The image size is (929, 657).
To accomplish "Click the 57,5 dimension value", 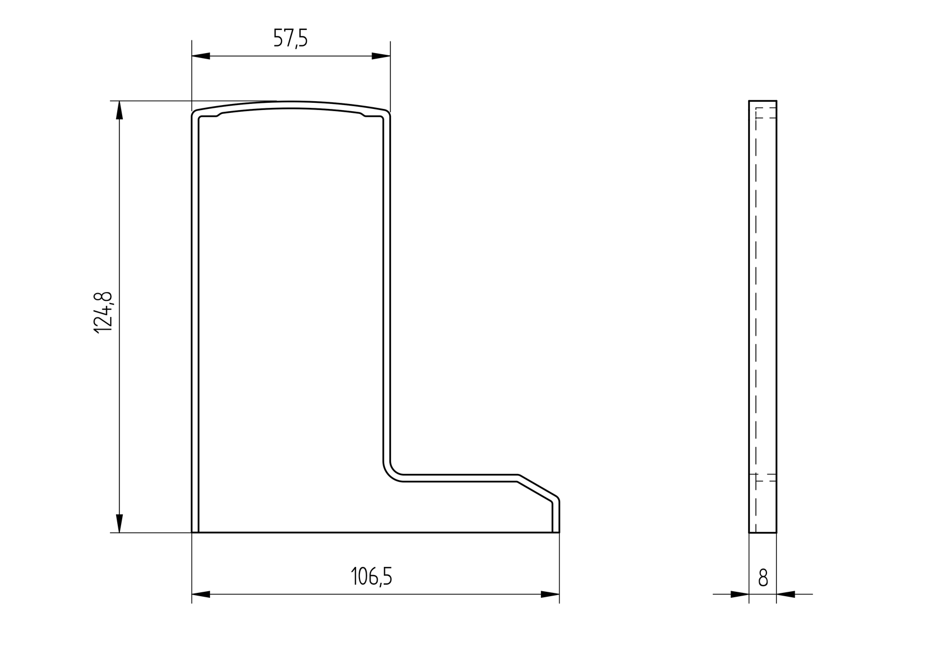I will (290, 39).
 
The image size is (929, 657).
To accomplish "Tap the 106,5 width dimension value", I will (372, 577).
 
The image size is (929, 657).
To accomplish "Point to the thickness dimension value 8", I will (763, 578).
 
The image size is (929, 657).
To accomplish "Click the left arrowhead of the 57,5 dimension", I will (201, 56).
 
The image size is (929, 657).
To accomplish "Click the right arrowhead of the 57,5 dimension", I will (380, 56).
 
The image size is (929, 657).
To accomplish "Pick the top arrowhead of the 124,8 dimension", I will (119, 111).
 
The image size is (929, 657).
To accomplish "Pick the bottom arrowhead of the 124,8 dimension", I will (119, 523).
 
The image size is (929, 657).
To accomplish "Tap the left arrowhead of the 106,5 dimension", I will (201, 595).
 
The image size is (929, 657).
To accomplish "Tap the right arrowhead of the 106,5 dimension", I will (550, 595).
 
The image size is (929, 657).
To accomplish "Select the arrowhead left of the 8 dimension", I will (739, 595).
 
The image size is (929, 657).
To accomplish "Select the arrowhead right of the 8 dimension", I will (786, 595).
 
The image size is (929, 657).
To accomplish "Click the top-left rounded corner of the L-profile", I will (195, 114).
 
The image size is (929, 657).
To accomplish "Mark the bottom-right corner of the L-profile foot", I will (559, 532).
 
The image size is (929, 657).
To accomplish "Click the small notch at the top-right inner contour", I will (363, 115).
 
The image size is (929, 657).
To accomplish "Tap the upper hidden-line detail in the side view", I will (766, 113).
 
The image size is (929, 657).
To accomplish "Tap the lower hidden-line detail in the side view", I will (766, 478).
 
